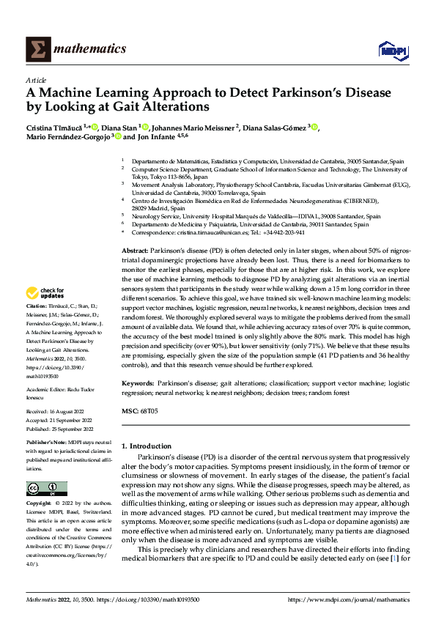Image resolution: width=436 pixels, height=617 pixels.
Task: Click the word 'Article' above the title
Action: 36,80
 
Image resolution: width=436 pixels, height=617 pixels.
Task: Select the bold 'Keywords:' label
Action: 138,383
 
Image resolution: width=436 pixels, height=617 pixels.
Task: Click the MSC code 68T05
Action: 149,412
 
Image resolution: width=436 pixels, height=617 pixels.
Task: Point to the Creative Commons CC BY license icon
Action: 47,489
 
